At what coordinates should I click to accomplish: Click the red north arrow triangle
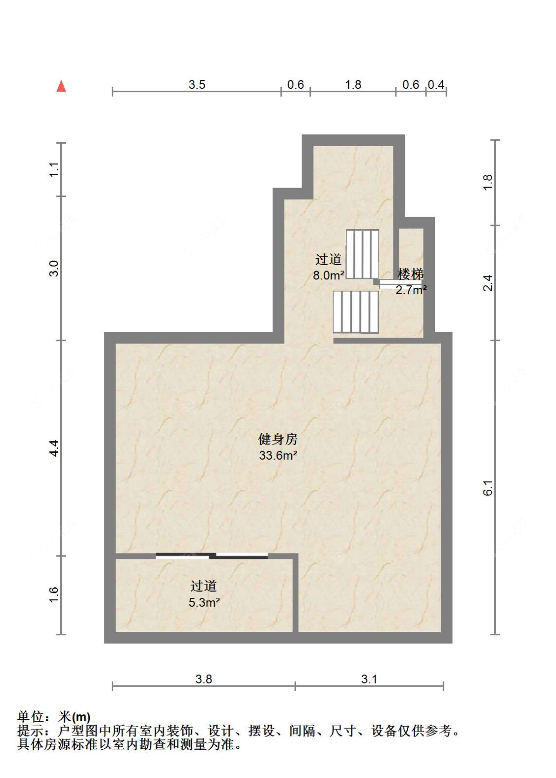61,86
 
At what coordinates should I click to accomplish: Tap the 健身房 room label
278,439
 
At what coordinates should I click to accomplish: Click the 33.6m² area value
278,455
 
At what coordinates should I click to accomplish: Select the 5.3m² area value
204,602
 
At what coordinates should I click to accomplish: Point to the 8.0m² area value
328,275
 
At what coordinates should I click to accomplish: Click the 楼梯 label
411,274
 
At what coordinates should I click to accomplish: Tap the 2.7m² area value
411,290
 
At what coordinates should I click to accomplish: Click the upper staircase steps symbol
362,254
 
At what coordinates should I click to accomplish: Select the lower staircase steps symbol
356,312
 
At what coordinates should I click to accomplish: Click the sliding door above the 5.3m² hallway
212,556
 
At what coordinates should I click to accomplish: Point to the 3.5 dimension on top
197,85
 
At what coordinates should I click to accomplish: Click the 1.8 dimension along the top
353,85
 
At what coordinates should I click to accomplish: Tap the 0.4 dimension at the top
436,85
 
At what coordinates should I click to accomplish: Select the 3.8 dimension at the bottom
204,679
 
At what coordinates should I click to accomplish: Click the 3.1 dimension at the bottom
369,679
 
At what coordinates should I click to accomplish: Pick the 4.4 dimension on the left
54,448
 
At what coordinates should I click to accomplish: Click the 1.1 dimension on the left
54,169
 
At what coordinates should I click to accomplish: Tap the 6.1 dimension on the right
488,488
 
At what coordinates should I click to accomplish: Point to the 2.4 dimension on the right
488,283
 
